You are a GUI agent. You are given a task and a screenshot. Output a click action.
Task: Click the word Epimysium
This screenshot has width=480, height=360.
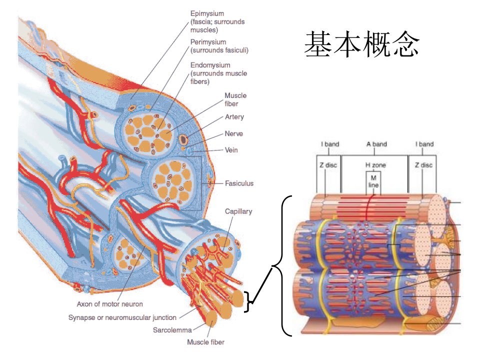[207, 14]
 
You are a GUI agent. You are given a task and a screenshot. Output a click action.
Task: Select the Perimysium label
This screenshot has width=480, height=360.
[208, 42]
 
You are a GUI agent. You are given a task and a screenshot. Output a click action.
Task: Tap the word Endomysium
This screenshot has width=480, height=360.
[210, 65]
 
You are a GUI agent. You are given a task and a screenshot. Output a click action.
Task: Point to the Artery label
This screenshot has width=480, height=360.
[234, 117]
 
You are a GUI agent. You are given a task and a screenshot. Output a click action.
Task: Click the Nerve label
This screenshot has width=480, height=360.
[234, 134]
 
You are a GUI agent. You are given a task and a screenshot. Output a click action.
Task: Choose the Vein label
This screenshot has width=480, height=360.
[231, 150]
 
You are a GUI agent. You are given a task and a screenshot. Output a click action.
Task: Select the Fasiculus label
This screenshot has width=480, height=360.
[239, 183]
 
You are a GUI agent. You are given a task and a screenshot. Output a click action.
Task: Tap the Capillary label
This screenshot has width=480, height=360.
[238, 211]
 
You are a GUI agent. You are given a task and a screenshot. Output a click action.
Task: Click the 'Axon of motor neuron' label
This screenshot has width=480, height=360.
[110, 304]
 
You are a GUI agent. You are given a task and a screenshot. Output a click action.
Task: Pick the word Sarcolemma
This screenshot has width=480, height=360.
[172, 330]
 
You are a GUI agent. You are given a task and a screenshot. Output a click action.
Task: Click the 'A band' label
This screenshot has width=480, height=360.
[376, 144]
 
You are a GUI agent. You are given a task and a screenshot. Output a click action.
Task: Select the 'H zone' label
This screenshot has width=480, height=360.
[375, 165]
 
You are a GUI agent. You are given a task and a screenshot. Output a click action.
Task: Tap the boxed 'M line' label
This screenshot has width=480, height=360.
[373, 181]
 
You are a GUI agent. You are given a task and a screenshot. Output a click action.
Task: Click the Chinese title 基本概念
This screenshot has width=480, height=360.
[362, 44]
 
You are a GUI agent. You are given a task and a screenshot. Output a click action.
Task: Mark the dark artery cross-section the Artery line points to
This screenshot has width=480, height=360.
[183, 139]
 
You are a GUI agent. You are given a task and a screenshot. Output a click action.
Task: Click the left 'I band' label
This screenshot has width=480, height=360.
[330, 144]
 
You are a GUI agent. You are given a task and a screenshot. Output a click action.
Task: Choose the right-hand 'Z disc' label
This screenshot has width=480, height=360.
[423, 165]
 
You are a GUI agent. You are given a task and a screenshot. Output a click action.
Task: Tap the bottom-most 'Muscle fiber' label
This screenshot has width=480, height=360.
[205, 342]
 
